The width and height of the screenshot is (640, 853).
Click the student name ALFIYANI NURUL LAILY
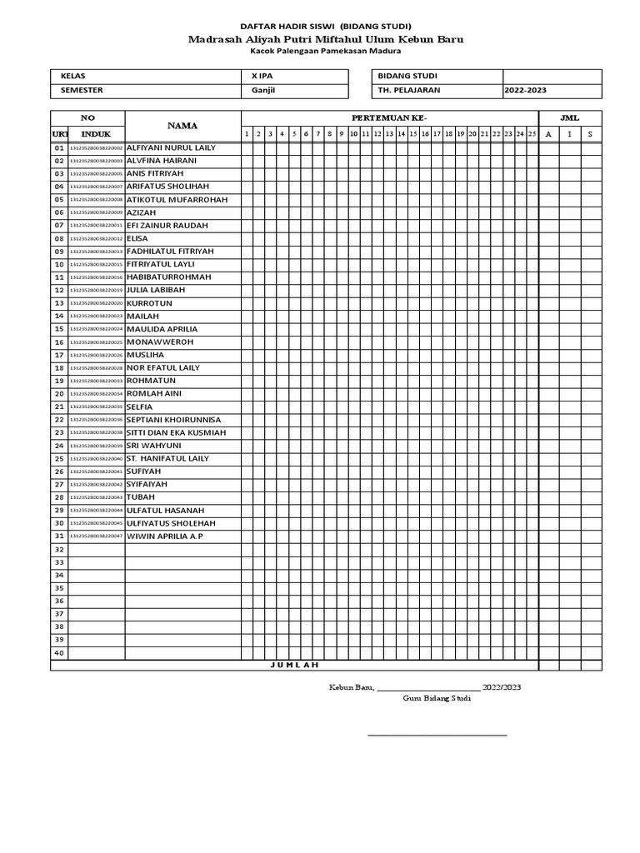pyautogui.click(x=170, y=147)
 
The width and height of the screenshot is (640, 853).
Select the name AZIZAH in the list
pyautogui.click(x=141, y=212)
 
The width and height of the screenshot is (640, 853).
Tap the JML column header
pyautogui.click(x=570, y=117)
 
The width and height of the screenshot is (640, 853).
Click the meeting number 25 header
pyautogui.click(x=532, y=133)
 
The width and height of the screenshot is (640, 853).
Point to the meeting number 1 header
pyautogui.click(x=247, y=133)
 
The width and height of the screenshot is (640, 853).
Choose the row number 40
pyautogui.click(x=59, y=652)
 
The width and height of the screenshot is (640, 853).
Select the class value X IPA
pyautogui.click(x=262, y=76)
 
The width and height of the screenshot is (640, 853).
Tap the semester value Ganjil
pyautogui.click(x=263, y=90)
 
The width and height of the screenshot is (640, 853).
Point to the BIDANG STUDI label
pyautogui.click(x=407, y=76)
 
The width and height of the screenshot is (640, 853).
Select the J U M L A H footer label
pyautogui.click(x=294, y=665)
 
